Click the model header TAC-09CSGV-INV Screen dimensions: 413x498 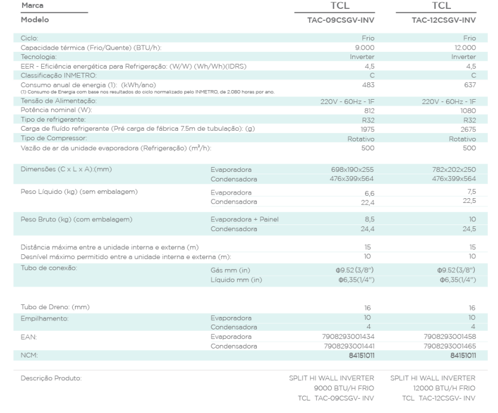pos(340,20)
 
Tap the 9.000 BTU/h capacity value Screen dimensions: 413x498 pos(365,47)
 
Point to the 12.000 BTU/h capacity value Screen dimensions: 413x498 pos(466,47)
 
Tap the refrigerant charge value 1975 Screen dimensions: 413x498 pos(366,128)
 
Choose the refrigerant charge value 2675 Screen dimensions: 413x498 pos(468,128)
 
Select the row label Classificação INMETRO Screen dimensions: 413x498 pos(54,77)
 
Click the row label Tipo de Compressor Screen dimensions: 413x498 pos(51,138)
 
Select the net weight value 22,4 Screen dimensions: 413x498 pos(367,201)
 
